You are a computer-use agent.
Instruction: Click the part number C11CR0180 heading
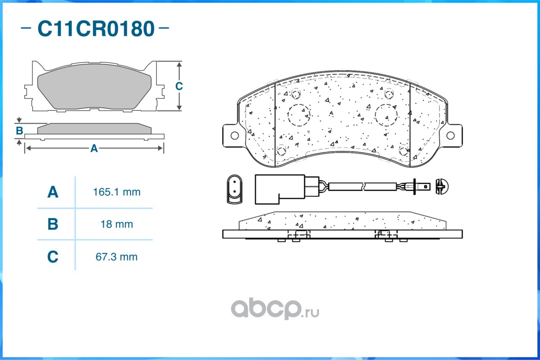(95, 29)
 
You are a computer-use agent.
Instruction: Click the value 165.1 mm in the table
(117, 192)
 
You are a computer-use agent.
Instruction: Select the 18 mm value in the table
(117, 224)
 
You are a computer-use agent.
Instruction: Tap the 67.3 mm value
(117, 257)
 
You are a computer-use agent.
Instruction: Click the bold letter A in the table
(53, 193)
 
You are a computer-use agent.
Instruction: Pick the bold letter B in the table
(53, 224)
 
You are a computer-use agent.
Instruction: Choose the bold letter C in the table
(53, 257)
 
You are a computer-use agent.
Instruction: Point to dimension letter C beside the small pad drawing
(179, 86)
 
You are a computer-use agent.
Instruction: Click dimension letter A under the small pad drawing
(94, 148)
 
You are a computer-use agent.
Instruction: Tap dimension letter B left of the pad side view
(19, 131)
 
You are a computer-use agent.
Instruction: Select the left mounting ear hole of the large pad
(234, 135)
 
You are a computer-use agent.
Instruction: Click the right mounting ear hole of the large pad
(450, 135)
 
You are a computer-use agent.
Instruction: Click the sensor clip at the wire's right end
(440, 186)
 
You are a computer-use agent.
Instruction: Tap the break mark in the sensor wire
(363, 185)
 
